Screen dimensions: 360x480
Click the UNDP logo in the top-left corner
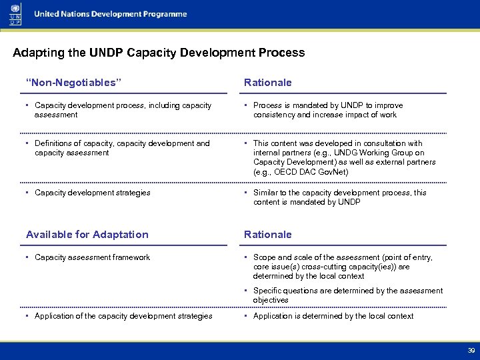tap(15, 14)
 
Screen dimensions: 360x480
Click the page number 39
tap(471, 350)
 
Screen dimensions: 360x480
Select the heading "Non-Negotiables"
tap(74, 83)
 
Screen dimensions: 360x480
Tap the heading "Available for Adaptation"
tap(87, 235)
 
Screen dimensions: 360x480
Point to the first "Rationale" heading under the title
tap(268, 83)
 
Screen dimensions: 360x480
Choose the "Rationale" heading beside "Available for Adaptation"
tap(268, 235)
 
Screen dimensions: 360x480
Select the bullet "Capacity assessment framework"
tap(92, 257)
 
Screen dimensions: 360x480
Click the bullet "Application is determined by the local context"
tap(333, 316)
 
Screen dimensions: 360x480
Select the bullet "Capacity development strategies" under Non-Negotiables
tap(92, 193)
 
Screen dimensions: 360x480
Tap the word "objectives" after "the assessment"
tap(271, 300)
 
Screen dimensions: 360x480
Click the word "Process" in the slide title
tap(283, 53)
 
